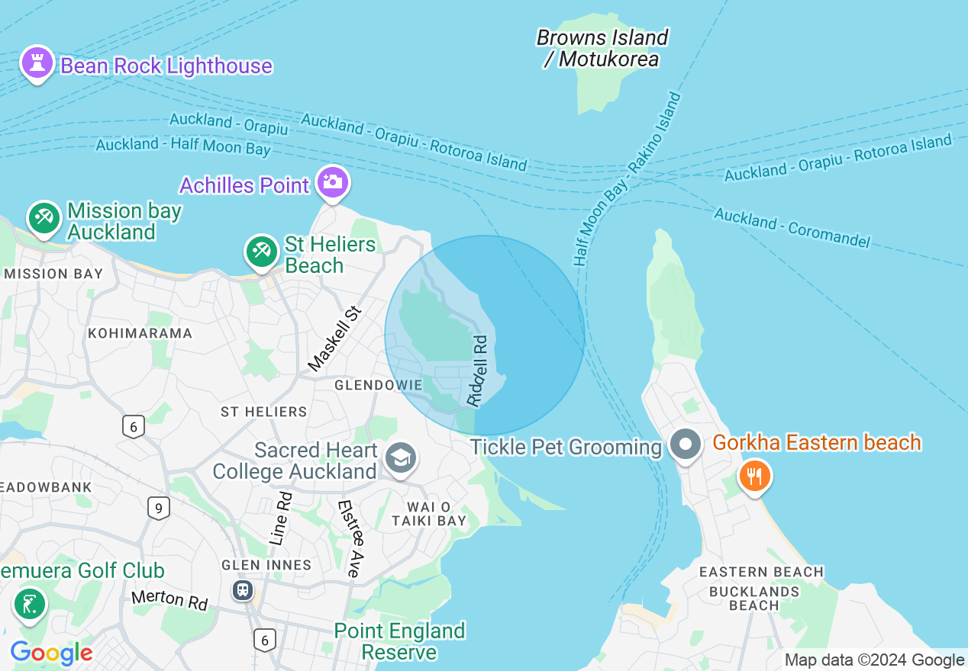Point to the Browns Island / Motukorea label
[602, 48]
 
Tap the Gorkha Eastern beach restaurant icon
[754, 477]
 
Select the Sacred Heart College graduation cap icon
[399, 458]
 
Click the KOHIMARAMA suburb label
[140, 333]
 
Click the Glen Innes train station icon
[243, 589]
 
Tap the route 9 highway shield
[158, 507]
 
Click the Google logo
[51, 653]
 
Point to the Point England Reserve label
[399, 641]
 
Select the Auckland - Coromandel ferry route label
[792, 227]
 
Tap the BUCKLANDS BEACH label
[753, 598]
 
